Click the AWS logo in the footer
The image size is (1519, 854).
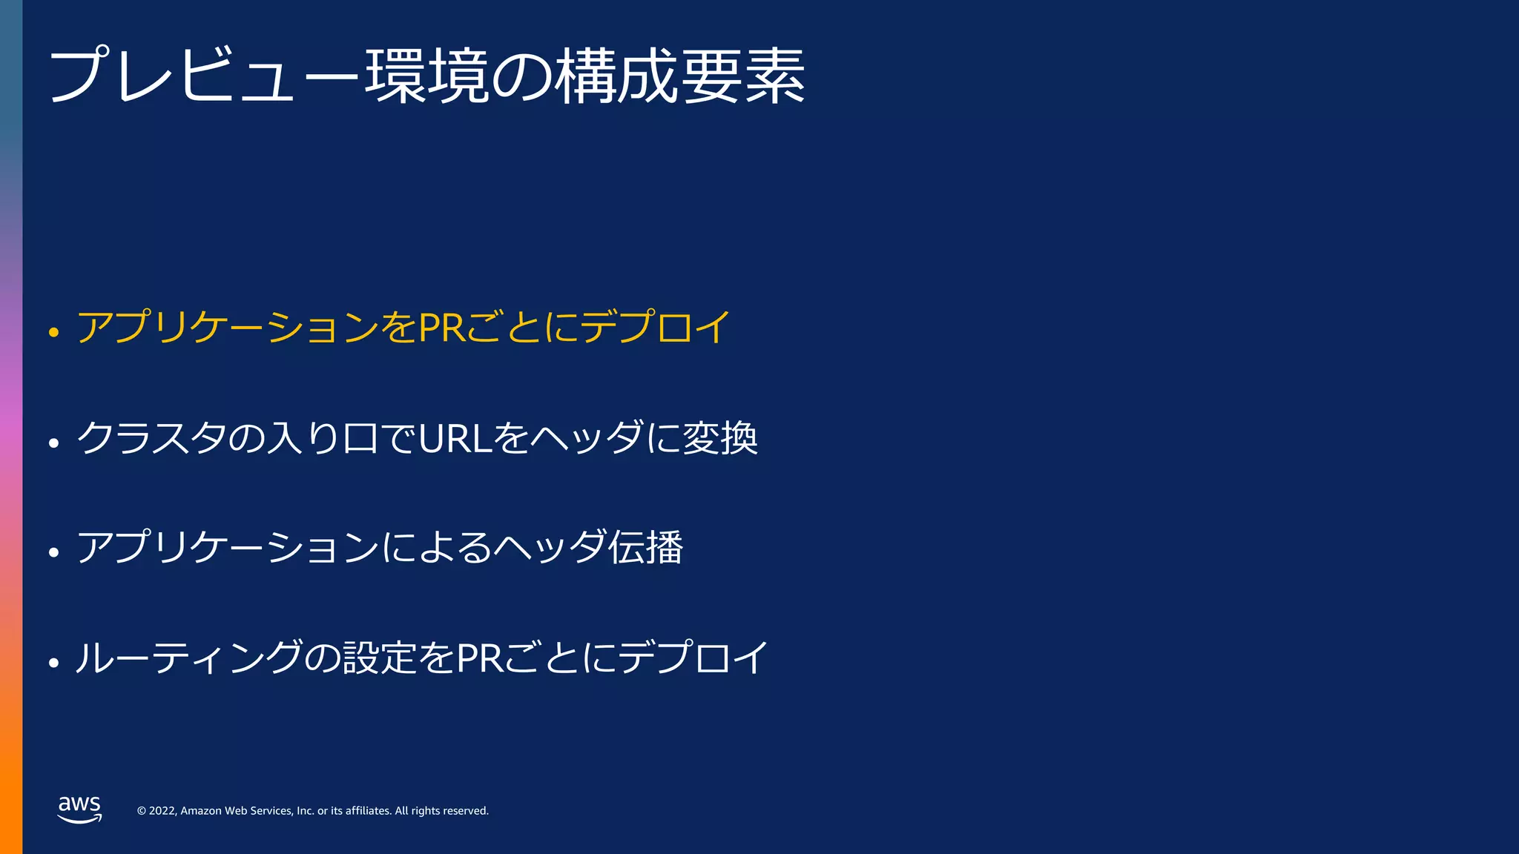[x=79, y=809]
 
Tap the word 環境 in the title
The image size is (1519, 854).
[x=426, y=76]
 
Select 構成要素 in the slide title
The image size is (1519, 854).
[x=680, y=76]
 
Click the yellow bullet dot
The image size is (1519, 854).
[x=53, y=332]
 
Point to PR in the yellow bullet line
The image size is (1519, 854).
[x=442, y=327]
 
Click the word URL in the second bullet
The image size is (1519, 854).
[x=455, y=437]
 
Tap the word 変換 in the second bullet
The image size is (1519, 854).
[x=720, y=437]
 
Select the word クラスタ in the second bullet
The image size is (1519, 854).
[x=151, y=437]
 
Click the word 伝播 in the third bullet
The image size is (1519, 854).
[x=645, y=547]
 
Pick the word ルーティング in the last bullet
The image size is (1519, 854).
[x=189, y=658]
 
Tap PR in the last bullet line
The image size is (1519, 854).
[x=480, y=658]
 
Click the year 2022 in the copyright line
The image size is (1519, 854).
[x=162, y=811]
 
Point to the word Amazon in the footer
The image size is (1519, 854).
[x=201, y=811]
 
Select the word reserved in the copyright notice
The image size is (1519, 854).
[x=466, y=811]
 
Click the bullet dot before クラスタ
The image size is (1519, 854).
[x=53, y=443]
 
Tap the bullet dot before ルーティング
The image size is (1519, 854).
[x=53, y=663]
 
